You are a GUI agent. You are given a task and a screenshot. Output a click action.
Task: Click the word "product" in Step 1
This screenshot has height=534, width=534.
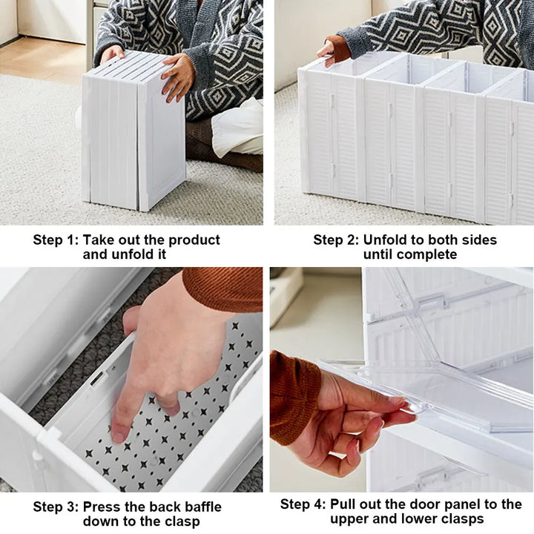pos(194,240)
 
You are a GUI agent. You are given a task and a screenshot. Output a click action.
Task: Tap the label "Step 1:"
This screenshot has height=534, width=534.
pos(56,240)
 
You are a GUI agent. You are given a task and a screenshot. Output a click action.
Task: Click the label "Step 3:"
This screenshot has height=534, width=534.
pos(56,507)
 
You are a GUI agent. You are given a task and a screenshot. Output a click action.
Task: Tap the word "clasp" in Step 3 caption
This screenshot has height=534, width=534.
pos(182,521)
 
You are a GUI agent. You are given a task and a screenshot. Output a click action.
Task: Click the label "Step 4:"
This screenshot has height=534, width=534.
pos(303,504)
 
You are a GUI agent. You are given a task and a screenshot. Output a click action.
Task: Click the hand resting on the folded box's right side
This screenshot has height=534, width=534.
pos(178,77)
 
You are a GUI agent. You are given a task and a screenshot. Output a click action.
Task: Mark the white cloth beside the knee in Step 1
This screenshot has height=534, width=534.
pos(238,128)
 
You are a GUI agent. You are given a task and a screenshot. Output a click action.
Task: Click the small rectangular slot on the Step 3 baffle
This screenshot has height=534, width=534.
pos(96,378)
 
